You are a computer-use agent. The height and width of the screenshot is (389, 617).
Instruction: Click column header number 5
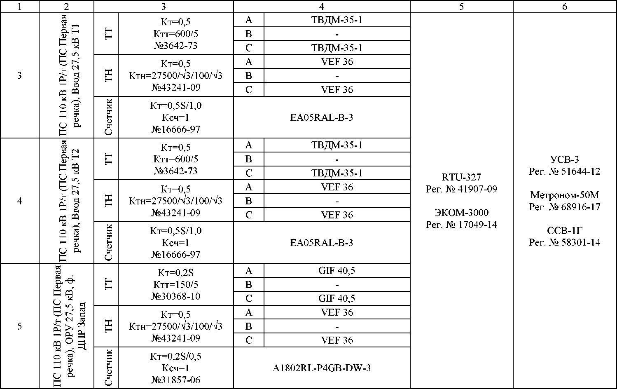(461, 7)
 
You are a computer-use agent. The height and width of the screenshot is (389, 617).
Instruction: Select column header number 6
(565, 7)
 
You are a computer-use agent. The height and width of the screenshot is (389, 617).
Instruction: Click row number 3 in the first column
(19, 76)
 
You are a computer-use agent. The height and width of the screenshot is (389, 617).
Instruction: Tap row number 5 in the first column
(19, 326)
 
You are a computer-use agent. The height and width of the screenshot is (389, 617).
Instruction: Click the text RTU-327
(461, 177)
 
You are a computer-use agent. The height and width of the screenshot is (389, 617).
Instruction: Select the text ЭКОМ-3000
(461, 213)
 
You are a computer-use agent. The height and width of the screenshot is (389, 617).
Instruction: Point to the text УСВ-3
(565, 159)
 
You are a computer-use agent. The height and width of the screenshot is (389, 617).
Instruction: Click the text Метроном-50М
(565, 195)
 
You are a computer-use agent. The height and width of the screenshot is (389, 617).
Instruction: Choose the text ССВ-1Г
(565, 230)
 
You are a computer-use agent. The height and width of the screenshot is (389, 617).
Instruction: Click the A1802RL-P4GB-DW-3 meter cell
(322, 368)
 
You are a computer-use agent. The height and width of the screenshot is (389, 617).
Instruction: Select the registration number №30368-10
(176, 296)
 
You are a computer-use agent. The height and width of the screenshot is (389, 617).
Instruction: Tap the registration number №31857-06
(176, 380)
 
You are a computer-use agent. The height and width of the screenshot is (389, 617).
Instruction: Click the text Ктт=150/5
(176, 284)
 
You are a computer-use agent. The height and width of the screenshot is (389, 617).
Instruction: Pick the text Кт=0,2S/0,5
(176, 356)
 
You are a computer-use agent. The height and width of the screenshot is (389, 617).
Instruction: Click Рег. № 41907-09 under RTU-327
(461, 189)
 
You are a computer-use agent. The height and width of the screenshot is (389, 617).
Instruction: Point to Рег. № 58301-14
(565, 242)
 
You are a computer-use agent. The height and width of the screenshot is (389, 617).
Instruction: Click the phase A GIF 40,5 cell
(337, 271)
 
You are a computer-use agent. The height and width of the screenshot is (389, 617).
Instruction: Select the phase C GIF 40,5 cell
(337, 298)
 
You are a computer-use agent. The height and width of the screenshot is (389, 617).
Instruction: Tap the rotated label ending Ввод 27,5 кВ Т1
(68, 76)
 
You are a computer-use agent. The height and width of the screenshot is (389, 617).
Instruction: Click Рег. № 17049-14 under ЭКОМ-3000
(461, 225)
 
